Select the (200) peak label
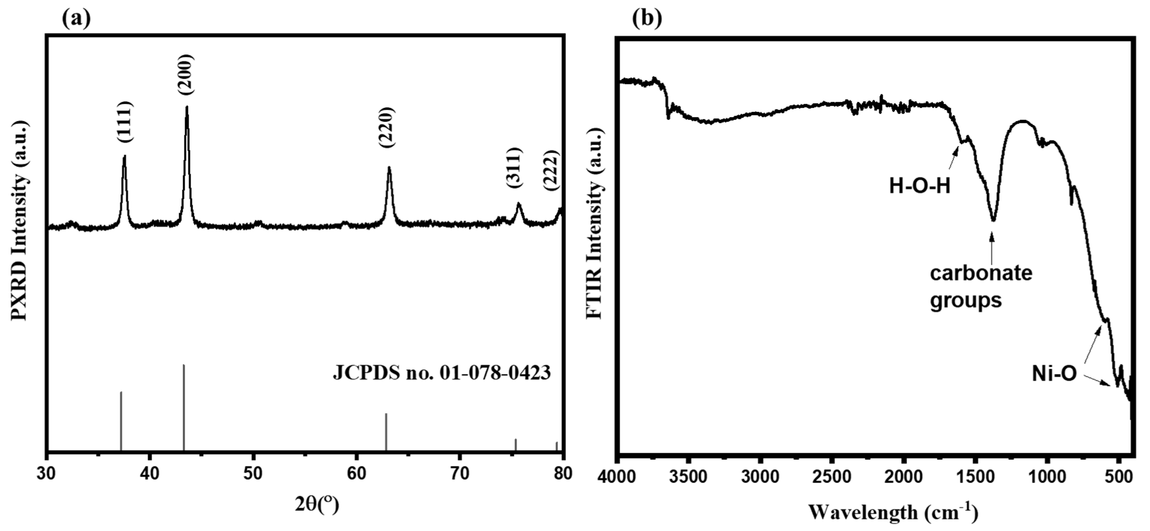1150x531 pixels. pyautogui.click(x=186, y=74)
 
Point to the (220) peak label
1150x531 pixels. pyautogui.click(x=387, y=127)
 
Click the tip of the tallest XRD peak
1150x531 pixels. pyautogui.click(x=187, y=107)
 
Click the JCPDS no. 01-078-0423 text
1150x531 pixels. pyautogui.click(x=441, y=373)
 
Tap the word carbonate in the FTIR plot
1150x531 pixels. pyautogui.click(x=981, y=273)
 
